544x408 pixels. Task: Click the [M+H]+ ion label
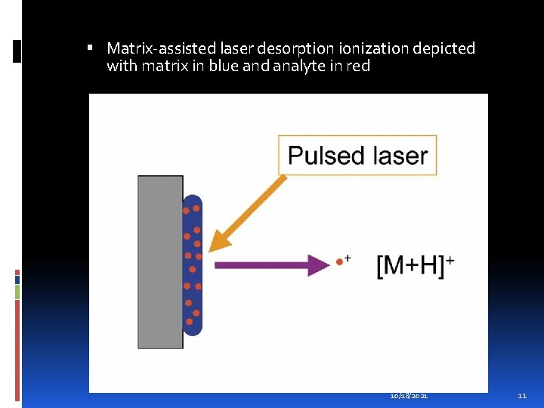tap(415, 264)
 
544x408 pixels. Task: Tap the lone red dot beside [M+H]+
tap(339, 263)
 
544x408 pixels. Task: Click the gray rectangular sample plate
tap(160, 261)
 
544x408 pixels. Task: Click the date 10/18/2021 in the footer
tap(409, 396)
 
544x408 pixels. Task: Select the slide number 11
tap(521, 396)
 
